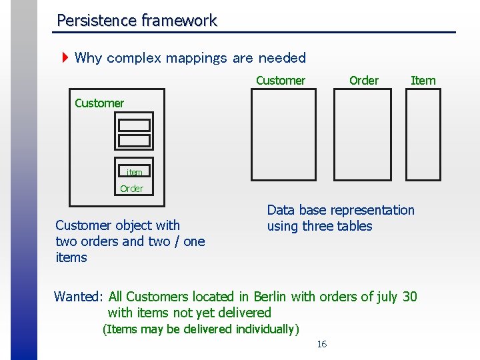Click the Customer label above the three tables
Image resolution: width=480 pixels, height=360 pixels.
[280, 81]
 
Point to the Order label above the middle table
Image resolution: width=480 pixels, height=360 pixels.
[363, 81]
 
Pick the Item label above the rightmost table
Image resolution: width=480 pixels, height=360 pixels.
[423, 81]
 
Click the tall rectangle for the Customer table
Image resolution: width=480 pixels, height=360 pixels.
[283, 135]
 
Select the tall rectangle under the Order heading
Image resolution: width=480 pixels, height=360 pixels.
[362, 135]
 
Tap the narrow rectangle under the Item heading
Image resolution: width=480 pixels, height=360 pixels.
[423, 135]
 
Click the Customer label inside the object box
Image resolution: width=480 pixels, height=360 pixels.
[99, 103]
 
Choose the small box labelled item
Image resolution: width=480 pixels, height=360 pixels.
[134, 172]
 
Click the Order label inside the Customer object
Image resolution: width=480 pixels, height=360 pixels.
[131, 189]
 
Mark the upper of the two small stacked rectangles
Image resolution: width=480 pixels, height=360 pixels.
[134, 125]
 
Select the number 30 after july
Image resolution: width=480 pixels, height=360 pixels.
[409, 296]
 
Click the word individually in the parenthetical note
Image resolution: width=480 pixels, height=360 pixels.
[263, 329]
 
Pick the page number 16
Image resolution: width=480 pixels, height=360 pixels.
[321, 344]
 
